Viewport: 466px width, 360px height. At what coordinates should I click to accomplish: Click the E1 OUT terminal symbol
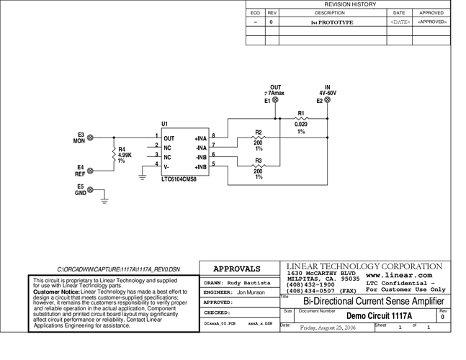click(274, 101)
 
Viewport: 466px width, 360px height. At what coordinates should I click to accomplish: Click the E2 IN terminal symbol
click(327, 101)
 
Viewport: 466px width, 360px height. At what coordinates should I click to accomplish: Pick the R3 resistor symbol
click(259, 166)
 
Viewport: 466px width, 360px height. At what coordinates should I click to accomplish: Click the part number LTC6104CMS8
click(179, 178)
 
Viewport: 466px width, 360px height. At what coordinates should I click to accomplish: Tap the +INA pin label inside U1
click(200, 138)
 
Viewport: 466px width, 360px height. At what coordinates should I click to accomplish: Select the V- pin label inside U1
click(168, 166)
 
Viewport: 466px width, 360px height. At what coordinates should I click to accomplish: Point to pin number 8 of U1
click(213, 135)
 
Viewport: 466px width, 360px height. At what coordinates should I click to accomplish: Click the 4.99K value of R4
click(125, 155)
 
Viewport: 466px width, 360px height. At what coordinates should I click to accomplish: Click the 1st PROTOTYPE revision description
click(332, 22)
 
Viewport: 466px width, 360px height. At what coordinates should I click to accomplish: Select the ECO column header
click(255, 13)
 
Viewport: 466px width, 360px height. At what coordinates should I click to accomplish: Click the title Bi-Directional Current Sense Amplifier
click(364, 301)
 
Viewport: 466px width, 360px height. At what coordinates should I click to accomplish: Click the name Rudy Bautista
click(248, 283)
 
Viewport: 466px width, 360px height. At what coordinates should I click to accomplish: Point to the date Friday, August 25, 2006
click(328, 327)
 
